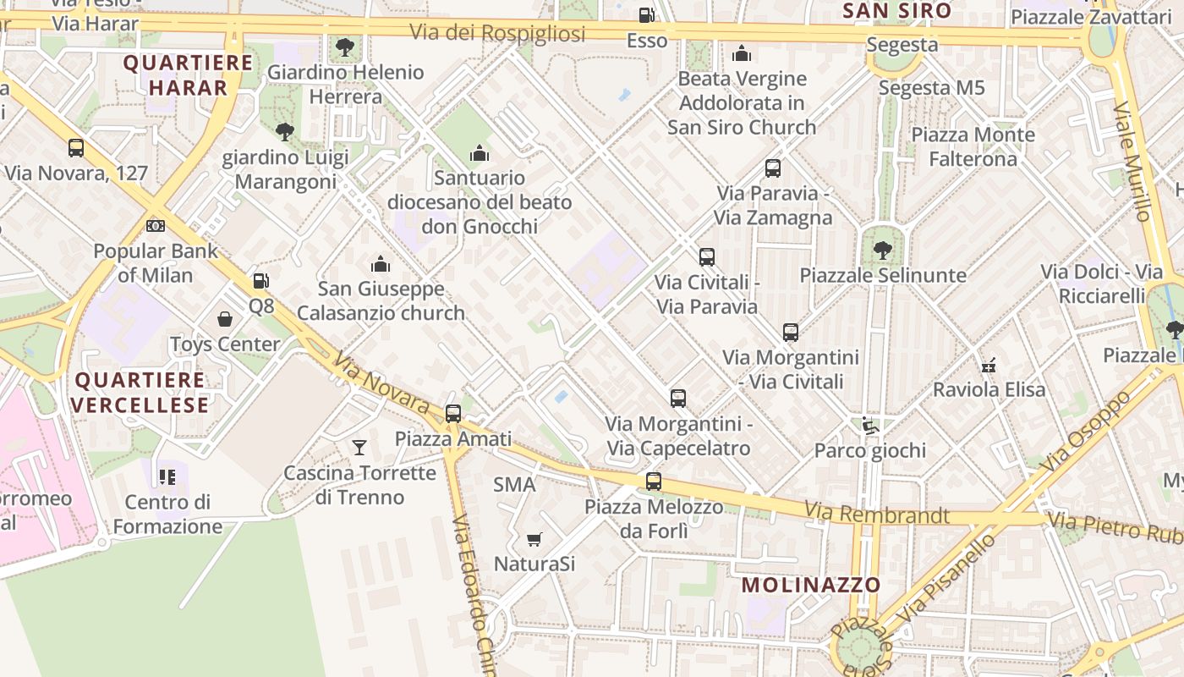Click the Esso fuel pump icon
click(646, 14)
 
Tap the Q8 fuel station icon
click(261, 281)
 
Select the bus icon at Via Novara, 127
click(76, 148)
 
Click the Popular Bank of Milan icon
click(156, 226)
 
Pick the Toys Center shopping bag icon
click(225, 319)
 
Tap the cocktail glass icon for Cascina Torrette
click(359, 447)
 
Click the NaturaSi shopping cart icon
click(534, 539)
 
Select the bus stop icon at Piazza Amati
click(453, 413)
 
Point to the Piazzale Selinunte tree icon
click(882, 250)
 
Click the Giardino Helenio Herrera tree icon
click(344, 47)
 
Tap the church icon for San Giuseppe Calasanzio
click(381, 264)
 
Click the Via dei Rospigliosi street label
click(497, 33)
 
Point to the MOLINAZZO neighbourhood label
click(811, 585)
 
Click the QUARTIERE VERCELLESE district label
click(140, 393)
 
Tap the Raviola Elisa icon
click(988, 365)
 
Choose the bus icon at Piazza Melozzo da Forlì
click(654, 482)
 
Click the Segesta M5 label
click(931, 87)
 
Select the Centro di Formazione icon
click(167, 477)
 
